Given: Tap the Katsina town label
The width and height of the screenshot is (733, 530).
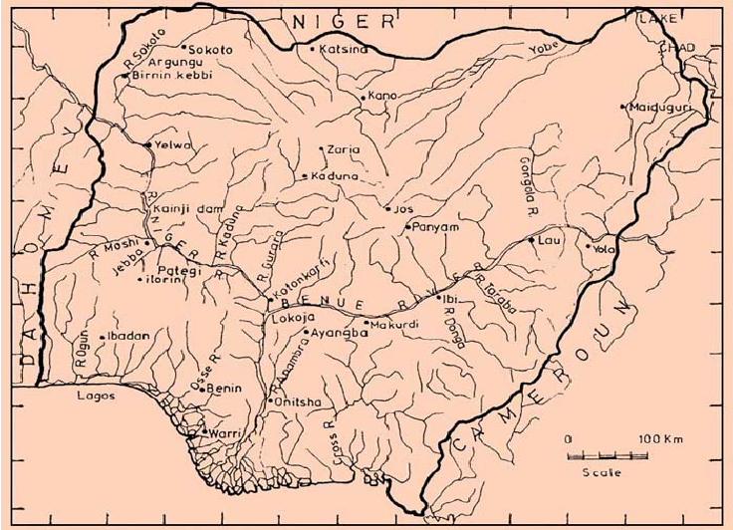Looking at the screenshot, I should click(x=339, y=48).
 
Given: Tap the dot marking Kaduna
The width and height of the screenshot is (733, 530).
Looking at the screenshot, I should click(x=305, y=176).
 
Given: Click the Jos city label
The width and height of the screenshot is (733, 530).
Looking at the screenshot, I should click(x=403, y=210).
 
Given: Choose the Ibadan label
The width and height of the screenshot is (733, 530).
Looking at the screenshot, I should click(x=128, y=336).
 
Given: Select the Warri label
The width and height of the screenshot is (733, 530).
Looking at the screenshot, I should click(x=222, y=433).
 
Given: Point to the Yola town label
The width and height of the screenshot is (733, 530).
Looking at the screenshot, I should click(x=603, y=248).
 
